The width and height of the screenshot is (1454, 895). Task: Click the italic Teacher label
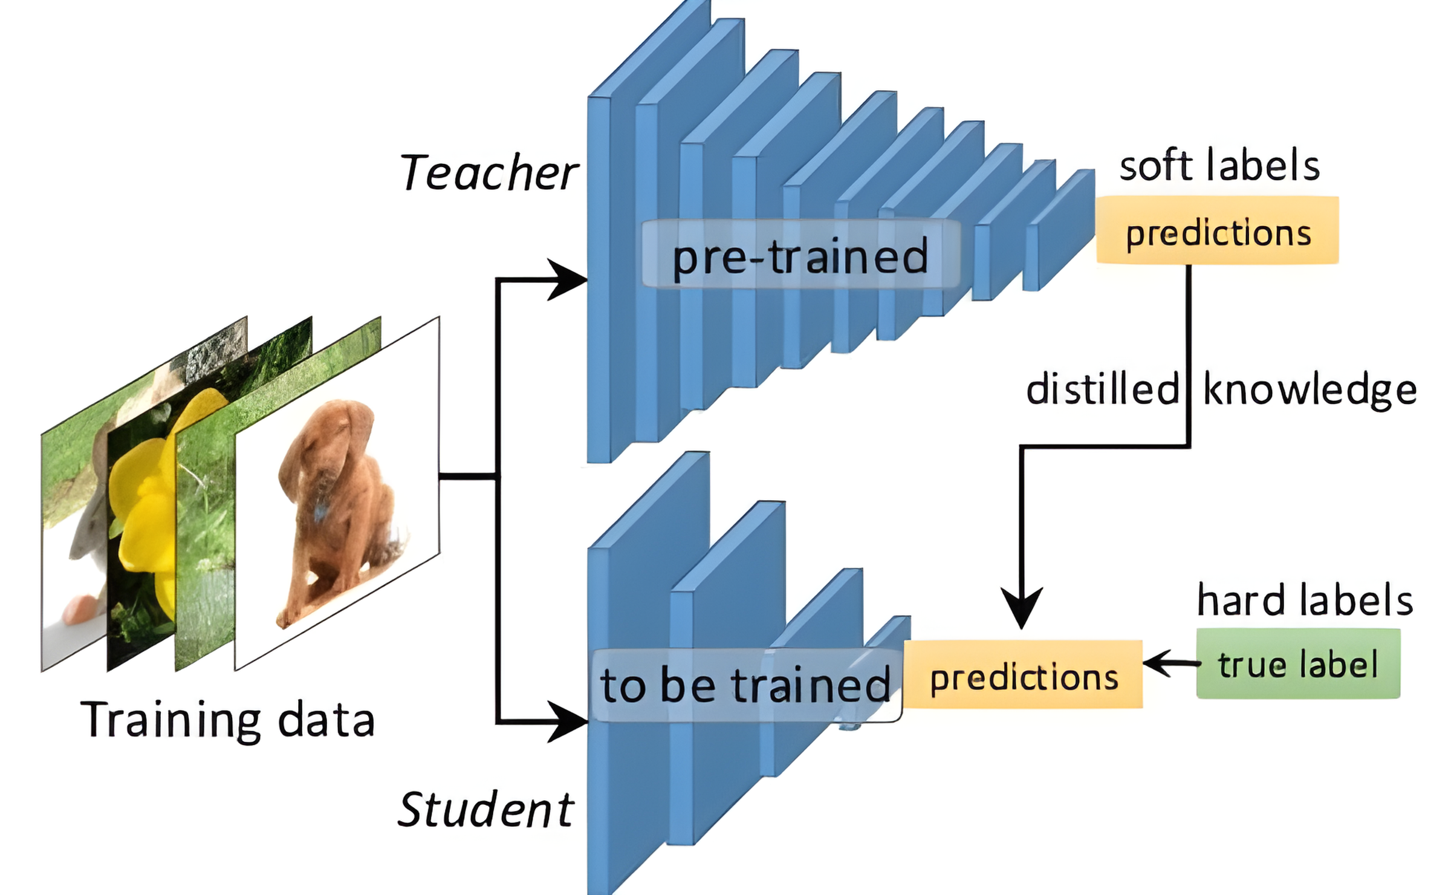(x=488, y=173)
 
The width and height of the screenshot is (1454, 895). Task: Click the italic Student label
(x=485, y=810)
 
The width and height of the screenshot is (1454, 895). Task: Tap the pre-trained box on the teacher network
(x=800, y=255)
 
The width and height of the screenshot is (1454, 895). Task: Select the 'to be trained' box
(x=745, y=686)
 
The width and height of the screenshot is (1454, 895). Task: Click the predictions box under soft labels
(x=1218, y=230)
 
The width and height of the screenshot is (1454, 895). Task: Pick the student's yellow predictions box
(x=1024, y=674)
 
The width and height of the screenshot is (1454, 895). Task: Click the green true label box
(x=1298, y=664)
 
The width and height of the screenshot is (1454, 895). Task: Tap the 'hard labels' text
(x=1305, y=601)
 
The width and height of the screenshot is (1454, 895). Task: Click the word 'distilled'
(x=1102, y=389)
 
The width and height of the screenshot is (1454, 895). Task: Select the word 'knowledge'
(x=1310, y=390)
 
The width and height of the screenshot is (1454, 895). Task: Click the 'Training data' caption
(x=228, y=720)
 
